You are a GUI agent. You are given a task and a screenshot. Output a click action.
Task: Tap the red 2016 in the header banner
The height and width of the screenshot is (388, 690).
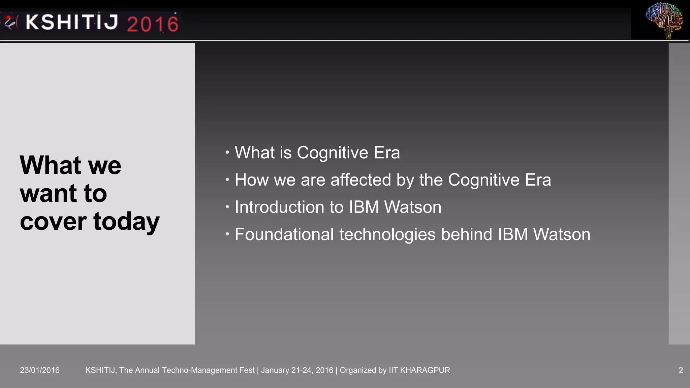[153, 24]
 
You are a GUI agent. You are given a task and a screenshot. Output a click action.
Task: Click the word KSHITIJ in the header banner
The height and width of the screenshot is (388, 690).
[72, 22]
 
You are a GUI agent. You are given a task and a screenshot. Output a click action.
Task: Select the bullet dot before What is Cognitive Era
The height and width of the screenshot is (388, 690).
[227, 153]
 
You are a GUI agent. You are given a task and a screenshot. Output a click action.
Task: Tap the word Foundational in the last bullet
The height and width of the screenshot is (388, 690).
[284, 234]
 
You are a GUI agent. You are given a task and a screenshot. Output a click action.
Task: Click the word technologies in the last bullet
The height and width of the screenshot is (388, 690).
[387, 234]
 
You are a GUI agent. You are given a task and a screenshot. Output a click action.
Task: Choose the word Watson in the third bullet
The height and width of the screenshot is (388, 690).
[413, 207]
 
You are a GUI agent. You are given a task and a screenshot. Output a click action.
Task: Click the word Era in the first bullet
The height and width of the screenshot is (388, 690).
[387, 153]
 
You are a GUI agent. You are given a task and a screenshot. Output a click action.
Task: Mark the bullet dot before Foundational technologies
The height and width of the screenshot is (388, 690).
[227, 234]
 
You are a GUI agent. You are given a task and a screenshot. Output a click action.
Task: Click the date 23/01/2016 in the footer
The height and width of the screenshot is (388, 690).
[40, 370]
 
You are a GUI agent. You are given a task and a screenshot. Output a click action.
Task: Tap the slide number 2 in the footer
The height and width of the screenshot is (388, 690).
[681, 370]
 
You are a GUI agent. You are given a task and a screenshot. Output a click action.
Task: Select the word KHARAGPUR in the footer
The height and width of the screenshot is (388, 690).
[425, 370]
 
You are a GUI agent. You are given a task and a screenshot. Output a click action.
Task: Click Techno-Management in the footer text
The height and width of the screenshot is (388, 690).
[195, 370]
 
